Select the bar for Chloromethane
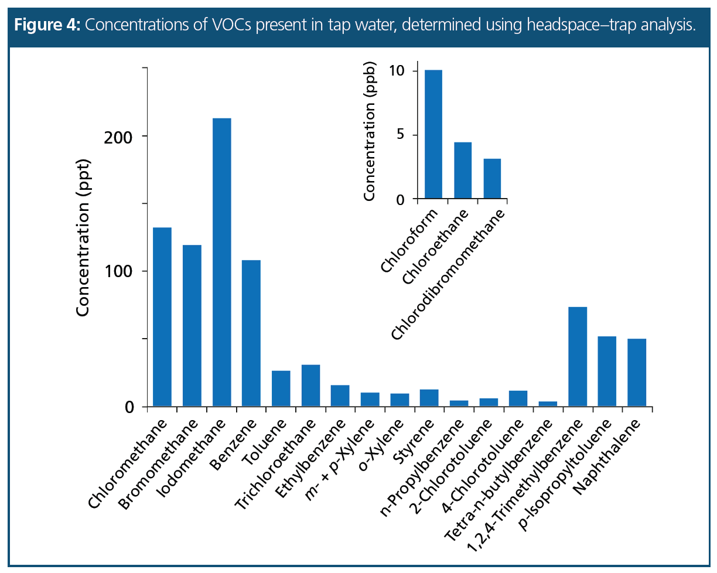[x=162, y=317]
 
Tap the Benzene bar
[x=251, y=333]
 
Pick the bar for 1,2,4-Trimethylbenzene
[x=577, y=357]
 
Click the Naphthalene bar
[x=636, y=373]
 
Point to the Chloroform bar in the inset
[x=433, y=135]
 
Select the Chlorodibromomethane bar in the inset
[x=492, y=179]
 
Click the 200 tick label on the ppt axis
[x=118, y=137]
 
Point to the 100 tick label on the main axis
[x=118, y=272]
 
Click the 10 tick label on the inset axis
[x=397, y=71]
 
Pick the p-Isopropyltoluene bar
[x=606, y=371]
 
